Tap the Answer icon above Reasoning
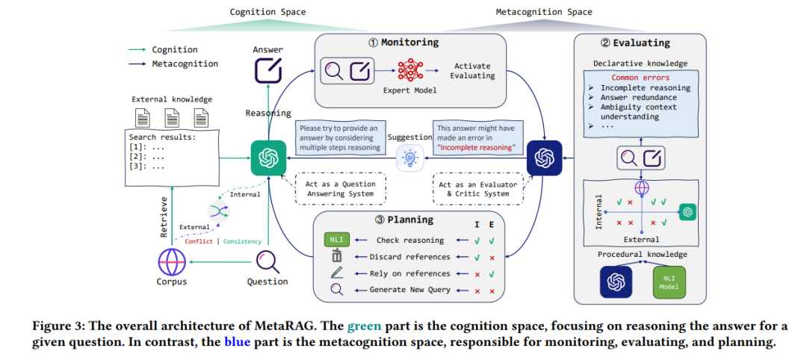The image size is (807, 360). point(268,70)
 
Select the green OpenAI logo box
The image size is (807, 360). point(268,158)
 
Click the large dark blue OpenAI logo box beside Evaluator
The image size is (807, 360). point(544,158)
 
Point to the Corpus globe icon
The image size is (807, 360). point(171,262)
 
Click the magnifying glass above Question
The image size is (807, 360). point(268,261)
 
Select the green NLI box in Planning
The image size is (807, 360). point(336,240)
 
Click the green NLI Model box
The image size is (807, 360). point(669,282)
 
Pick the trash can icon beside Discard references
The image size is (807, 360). point(336,256)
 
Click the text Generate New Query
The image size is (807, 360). point(409,290)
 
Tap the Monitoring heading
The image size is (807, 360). point(403,42)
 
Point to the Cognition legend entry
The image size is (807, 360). point(163,50)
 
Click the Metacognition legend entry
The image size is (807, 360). point(173,64)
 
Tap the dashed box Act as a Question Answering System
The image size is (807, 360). point(340,189)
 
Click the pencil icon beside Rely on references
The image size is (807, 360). point(336,273)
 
